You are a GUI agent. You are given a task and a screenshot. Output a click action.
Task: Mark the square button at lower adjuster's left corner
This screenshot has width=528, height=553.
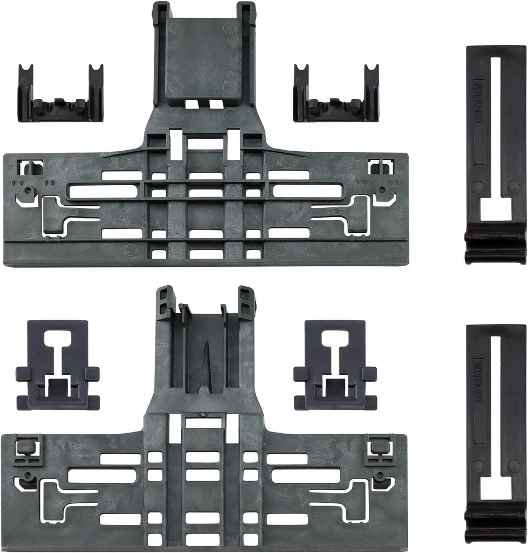tap(24, 447)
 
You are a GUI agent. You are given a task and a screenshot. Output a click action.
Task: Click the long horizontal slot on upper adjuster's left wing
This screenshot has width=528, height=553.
tap(102, 191)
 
